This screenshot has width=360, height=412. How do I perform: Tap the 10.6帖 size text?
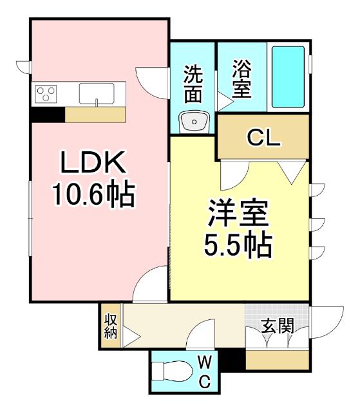point(93,193)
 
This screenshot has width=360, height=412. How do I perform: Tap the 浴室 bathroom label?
point(242,79)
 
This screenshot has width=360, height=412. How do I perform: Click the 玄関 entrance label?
point(278,326)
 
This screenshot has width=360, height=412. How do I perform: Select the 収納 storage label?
point(109,326)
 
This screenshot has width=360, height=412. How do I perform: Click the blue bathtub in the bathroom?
point(288,77)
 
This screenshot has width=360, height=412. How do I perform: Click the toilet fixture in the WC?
point(171,372)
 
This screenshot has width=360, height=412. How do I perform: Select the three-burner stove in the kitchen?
point(46,94)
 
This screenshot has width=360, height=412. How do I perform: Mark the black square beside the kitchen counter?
point(47,114)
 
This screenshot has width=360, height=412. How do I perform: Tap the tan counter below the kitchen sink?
point(95,114)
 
